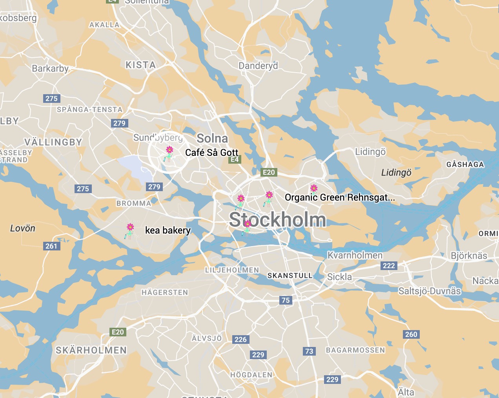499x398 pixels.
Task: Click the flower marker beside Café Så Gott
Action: click(169, 154)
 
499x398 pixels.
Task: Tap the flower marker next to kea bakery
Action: click(130, 231)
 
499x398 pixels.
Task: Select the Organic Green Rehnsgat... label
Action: click(340, 197)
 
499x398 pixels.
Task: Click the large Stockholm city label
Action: click(277, 220)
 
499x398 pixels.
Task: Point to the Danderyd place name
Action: click(258, 66)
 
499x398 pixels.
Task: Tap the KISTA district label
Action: click(140, 65)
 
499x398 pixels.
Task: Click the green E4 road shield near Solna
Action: click(235, 159)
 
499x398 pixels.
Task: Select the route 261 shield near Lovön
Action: click(51, 246)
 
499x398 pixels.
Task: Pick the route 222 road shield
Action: click(389, 266)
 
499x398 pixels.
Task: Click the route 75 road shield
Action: click(286, 300)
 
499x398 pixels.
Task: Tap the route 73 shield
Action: click(309, 351)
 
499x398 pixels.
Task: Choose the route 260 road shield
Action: click(411, 334)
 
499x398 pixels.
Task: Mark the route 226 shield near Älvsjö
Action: click(240, 340)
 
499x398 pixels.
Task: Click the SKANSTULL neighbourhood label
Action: click(290, 276)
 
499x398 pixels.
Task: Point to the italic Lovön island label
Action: click(23, 228)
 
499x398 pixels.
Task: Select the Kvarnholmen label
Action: click(355, 255)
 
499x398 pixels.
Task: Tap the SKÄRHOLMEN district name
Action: click(91, 350)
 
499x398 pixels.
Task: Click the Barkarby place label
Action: click(50, 68)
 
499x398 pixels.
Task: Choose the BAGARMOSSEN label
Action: click(355, 350)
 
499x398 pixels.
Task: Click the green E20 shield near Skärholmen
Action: click(118, 332)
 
